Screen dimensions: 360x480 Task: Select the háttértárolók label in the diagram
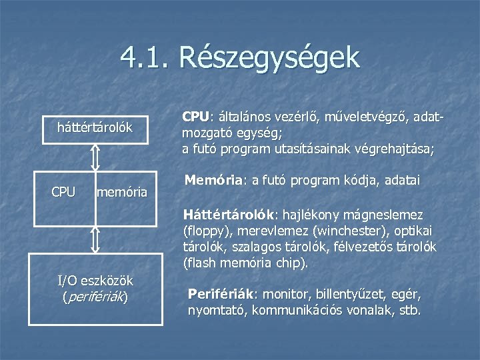click(95, 126)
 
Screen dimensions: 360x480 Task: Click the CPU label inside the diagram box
click(64, 193)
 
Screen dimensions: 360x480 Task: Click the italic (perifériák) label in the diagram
click(95, 297)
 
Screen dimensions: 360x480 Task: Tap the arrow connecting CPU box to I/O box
click(95, 236)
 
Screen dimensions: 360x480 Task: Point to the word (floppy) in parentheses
click(205, 231)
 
